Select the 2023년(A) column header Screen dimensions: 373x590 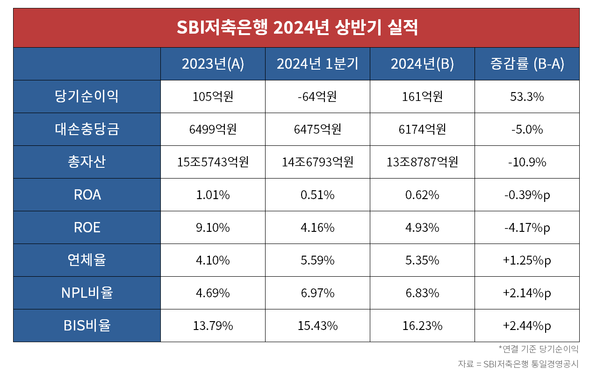pyautogui.click(x=213, y=64)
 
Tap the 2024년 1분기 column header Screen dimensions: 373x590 pyautogui.click(x=317, y=64)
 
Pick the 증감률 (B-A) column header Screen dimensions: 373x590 pyautogui.click(x=527, y=64)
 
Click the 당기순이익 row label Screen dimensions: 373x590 pyautogui.click(x=87, y=97)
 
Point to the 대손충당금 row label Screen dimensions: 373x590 pyautogui.click(x=87, y=129)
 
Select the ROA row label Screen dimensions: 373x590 pyautogui.click(x=87, y=195)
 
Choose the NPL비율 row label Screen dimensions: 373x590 pyautogui.click(x=87, y=293)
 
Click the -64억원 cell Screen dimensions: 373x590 pyautogui.click(x=317, y=97)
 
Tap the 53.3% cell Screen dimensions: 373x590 pyautogui.click(x=527, y=97)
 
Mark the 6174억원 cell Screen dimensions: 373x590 pyautogui.click(x=422, y=129)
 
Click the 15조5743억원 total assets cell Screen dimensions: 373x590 pyautogui.click(x=213, y=162)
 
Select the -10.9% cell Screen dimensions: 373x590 pyautogui.click(x=527, y=162)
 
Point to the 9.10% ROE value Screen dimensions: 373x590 pyautogui.click(x=213, y=228)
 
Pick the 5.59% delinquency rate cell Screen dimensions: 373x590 pyautogui.click(x=317, y=260)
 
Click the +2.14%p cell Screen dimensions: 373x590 pyautogui.click(x=527, y=293)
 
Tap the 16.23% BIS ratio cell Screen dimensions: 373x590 pyautogui.click(x=422, y=326)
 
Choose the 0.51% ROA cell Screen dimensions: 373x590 pyautogui.click(x=317, y=195)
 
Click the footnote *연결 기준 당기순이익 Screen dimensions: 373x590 pyautogui.click(x=538, y=349)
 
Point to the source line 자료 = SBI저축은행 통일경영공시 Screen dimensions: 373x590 pyautogui.click(x=518, y=364)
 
